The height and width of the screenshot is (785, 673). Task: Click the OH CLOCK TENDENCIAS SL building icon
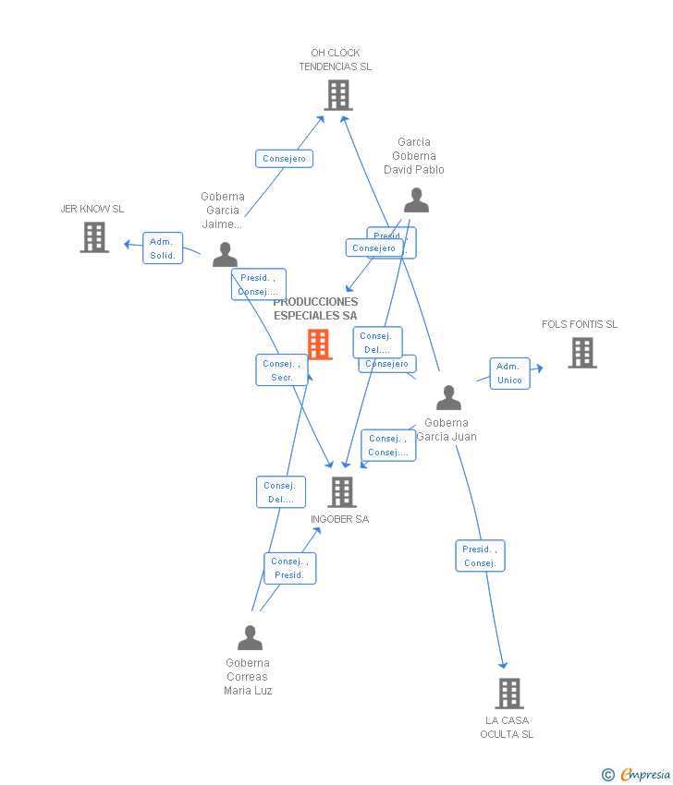pos(338,95)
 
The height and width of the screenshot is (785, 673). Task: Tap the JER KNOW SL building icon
pos(93,237)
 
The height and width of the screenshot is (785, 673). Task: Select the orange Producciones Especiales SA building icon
pos(319,344)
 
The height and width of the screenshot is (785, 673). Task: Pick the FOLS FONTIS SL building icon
pos(581,353)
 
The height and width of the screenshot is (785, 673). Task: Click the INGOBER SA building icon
pos(342,492)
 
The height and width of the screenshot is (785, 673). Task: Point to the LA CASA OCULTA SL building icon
pos(508,694)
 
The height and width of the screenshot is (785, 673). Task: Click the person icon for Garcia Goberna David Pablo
pos(416,200)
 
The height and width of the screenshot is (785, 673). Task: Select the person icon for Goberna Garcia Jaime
pos(225,255)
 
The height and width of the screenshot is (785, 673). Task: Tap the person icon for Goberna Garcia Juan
pos(448,398)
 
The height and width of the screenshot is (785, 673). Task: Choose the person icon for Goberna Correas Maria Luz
pos(250,638)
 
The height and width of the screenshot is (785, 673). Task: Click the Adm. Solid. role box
pos(163,248)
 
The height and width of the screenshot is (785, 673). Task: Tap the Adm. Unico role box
pos(509,373)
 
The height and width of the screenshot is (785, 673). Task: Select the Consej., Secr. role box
pos(281,370)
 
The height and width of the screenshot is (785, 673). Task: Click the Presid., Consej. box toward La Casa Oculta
pos(480,556)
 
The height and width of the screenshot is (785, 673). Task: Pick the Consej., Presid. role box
pos(289,568)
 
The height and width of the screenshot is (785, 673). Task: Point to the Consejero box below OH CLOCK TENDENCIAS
pos(284,159)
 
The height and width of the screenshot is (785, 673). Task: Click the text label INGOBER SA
pos(339,519)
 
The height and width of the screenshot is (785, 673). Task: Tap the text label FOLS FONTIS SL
pos(580,324)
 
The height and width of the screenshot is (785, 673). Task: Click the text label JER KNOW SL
pos(92,209)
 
